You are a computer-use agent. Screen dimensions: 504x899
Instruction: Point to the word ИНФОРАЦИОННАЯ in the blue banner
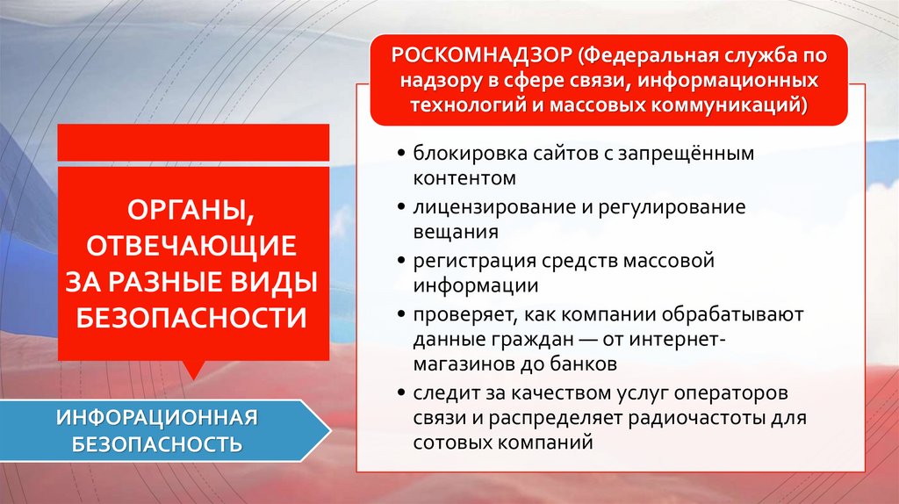pos(157,415)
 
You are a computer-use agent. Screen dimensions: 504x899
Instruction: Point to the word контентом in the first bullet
pos(463,178)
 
